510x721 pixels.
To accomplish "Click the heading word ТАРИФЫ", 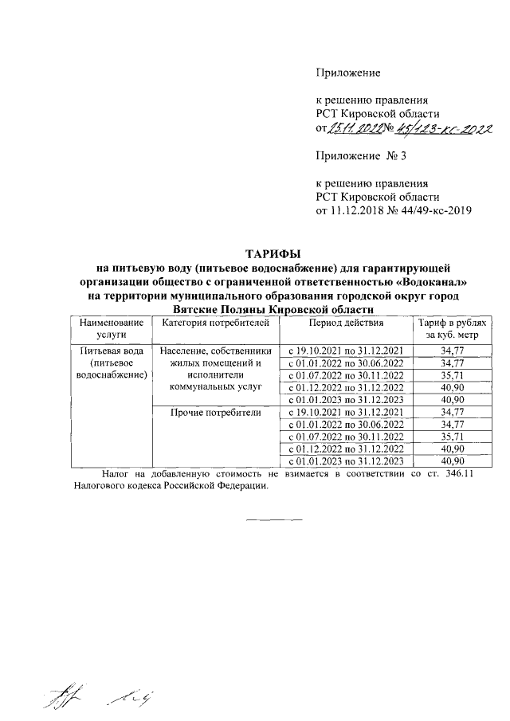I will pyautogui.click(x=275, y=253).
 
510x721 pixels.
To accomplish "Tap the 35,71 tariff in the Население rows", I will pyautogui.click(x=452, y=374).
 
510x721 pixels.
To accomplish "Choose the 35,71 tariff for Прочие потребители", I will pyautogui.click(x=452, y=437).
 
